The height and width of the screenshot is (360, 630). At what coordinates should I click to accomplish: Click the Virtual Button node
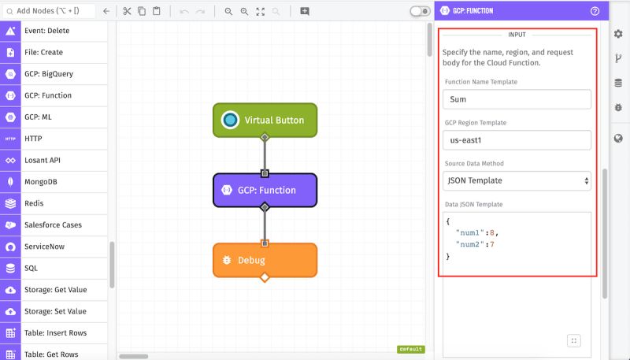tap(265, 120)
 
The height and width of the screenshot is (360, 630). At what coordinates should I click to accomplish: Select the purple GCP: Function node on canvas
tap(265, 190)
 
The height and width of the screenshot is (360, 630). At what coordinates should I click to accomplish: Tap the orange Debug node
tap(265, 260)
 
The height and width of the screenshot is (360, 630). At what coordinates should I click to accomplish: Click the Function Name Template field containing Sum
tap(517, 99)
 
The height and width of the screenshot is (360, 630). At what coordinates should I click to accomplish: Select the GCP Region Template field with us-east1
tap(517, 140)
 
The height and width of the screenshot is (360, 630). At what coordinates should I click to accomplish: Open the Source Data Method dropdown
tap(517, 180)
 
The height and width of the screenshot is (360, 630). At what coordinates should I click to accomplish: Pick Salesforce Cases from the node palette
tap(53, 225)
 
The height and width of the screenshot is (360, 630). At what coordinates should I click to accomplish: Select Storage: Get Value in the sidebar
tap(55, 290)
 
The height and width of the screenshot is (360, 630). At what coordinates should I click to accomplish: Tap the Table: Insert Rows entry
tap(55, 332)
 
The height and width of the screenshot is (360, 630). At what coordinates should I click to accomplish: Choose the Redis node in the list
tap(34, 203)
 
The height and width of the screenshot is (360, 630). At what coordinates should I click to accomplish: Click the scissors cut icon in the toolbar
tap(127, 11)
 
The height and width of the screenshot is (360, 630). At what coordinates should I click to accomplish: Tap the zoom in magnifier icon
tap(228, 11)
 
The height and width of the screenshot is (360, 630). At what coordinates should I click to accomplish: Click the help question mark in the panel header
tap(595, 11)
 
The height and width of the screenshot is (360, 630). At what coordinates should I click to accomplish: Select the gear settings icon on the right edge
tap(618, 34)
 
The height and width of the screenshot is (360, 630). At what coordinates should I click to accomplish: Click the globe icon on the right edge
tap(618, 139)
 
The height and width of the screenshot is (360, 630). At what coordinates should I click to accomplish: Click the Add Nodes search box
tap(51, 11)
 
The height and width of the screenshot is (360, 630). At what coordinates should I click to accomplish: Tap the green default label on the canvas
tap(411, 349)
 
